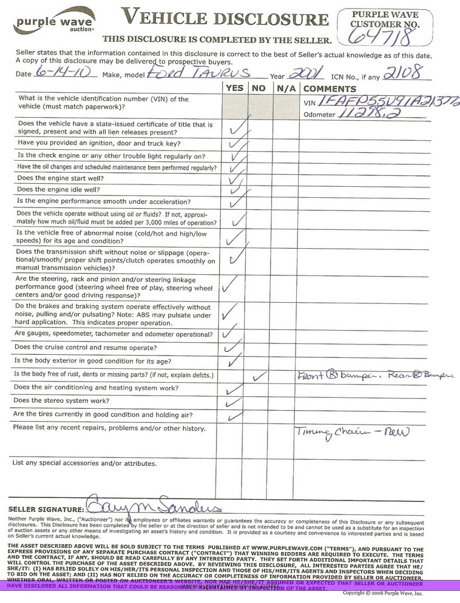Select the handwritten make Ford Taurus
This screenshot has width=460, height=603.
coord(198,73)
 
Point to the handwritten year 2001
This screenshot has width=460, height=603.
coord(306,73)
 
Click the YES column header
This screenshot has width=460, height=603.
coord(234,88)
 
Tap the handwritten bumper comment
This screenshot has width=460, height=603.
coord(375,376)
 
